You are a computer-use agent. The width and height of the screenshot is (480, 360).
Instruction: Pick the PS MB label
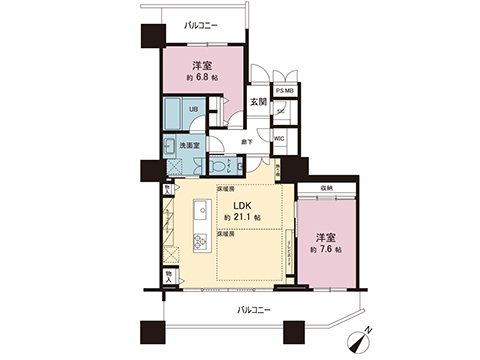tap(285, 92)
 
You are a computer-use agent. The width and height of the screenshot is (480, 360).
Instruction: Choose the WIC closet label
tap(280, 140)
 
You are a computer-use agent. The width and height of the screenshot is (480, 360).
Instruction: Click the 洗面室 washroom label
tap(189, 145)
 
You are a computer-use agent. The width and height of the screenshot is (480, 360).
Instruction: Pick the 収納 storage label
tap(329, 187)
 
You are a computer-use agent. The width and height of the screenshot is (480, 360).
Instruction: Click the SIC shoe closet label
tap(280, 111)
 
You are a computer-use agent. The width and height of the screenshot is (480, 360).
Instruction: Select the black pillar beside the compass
tap(297, 331)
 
